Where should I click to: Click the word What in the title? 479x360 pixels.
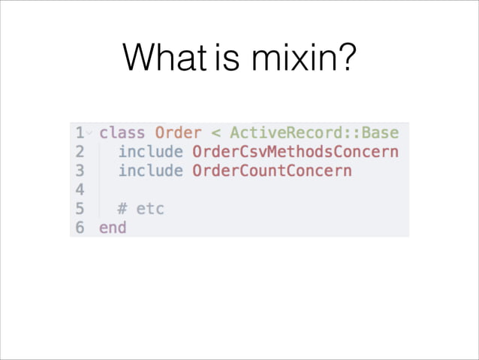(167, 57)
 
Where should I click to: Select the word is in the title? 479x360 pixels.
(224, 57)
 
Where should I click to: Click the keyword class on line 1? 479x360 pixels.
(122, 133)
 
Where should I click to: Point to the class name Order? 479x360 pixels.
(178, 133)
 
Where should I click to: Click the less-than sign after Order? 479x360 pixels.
(215, 134)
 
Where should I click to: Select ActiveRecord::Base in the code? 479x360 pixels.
(314, 133)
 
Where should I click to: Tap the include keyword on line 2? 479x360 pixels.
(150, 152)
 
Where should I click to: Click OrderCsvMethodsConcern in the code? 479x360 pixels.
(295, 152)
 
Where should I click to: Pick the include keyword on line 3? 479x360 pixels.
(150, 171)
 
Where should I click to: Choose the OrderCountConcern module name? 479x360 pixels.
(272, 171)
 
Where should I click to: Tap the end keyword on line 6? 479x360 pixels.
(113, 227)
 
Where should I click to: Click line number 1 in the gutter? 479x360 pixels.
(79, 133)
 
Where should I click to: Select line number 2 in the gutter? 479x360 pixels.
(79, 152)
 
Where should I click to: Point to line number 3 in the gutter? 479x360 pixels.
(79, 171)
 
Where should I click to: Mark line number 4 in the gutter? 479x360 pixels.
(79, 189)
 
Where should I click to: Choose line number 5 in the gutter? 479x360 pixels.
(79, 208)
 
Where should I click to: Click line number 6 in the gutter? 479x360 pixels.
(79, 227)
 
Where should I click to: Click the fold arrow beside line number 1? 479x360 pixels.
(89, 134)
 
